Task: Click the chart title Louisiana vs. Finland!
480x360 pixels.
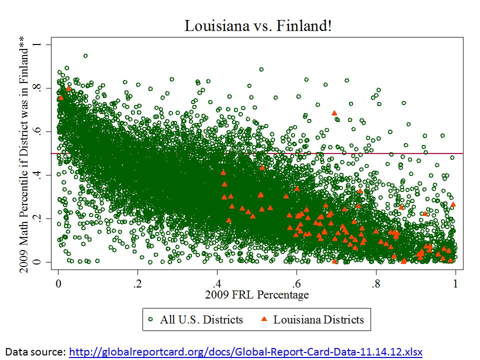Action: [x=257, y=25]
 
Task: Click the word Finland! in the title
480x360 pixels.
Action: [x=306, y=25]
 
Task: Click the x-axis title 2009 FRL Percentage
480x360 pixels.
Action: [x=256, y=294]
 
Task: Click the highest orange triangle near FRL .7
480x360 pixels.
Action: [x=334, y=113]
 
